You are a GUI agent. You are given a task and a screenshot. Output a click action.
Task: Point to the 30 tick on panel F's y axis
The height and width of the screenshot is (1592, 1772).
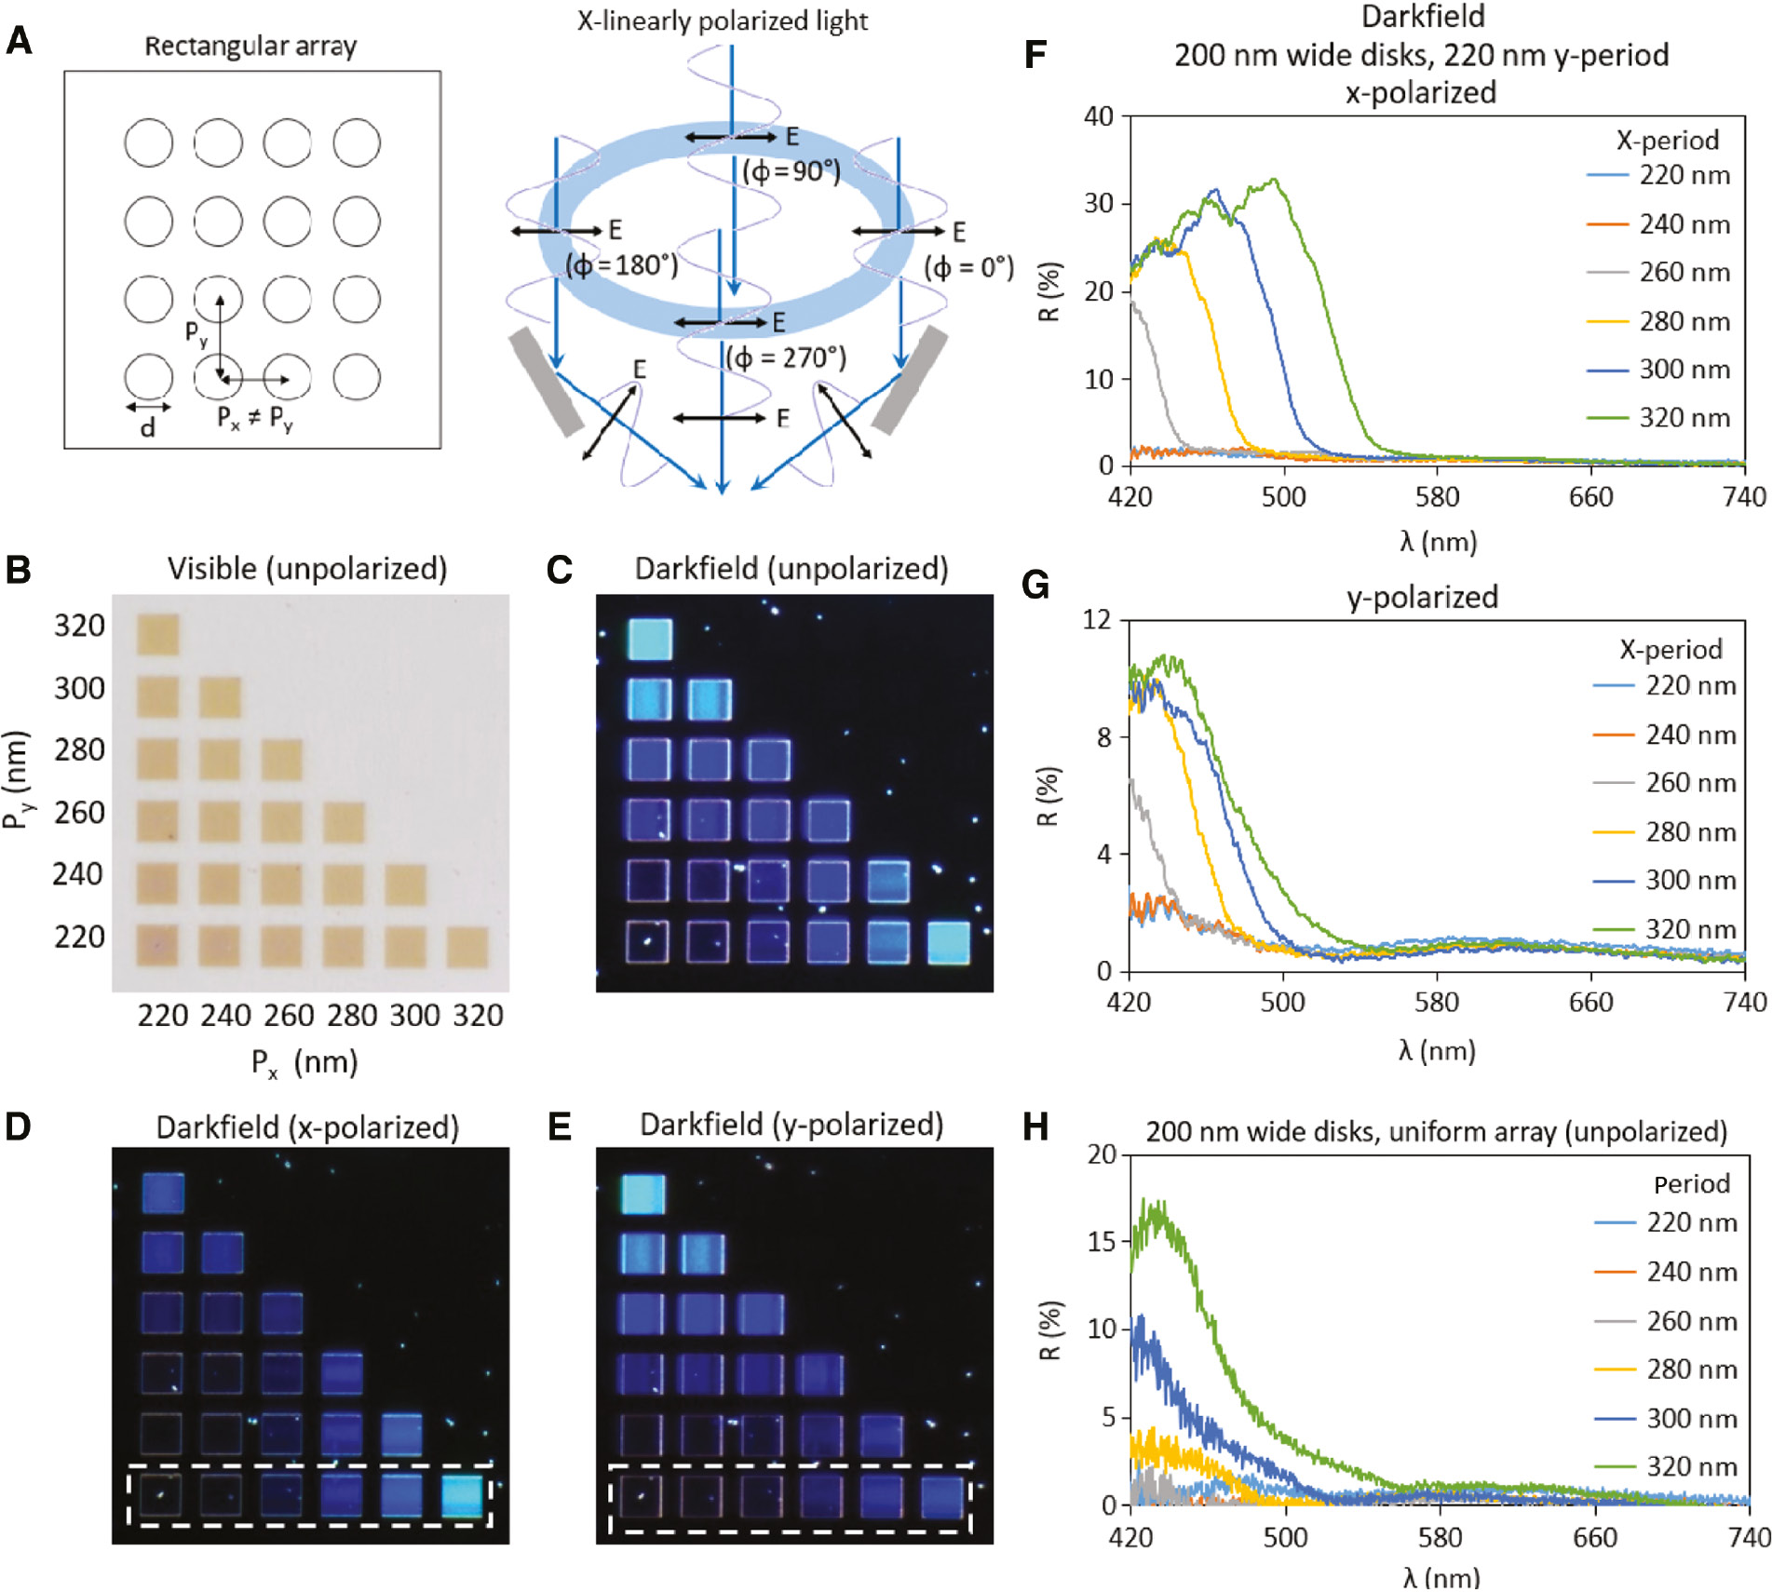point(1099,204)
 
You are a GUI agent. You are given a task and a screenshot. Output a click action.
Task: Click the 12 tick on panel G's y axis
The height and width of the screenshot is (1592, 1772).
point(1097,619)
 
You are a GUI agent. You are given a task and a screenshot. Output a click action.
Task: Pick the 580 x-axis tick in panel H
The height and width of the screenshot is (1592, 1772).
point(1440,1536)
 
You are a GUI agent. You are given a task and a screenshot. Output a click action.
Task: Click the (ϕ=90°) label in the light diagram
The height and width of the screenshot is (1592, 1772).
point(791,171)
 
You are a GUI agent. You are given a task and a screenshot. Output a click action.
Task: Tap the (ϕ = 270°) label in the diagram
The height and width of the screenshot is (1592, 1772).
point(787,358)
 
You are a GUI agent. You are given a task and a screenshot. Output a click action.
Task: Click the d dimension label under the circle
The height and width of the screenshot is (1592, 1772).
point(147,428)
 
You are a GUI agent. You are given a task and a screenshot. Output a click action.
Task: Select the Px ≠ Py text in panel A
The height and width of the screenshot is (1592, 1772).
point(254,418)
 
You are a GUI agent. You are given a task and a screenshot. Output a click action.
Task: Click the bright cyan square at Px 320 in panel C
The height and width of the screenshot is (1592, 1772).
point(949,942)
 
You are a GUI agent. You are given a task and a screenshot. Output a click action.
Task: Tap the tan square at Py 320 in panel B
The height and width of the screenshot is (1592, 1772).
point(157,634)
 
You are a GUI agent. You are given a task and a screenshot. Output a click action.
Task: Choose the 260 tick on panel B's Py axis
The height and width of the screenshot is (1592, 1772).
point(79,813)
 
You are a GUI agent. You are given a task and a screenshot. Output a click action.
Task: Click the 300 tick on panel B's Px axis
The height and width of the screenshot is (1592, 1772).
point(414,1015)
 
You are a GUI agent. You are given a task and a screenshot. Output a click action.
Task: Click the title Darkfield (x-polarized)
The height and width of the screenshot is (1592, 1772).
point(307,1127)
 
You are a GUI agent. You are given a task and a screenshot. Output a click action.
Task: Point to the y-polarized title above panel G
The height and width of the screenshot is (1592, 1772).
point(1422,597)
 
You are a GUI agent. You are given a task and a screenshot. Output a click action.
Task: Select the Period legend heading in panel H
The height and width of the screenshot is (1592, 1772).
point(1691,1184)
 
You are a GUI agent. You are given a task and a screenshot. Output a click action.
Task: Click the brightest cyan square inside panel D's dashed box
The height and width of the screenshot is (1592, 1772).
point(462,1496)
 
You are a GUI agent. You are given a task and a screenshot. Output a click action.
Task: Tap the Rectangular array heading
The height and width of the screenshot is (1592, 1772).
point(250,46)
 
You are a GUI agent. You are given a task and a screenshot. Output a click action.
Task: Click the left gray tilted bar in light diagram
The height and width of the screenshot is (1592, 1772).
point(547,382)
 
